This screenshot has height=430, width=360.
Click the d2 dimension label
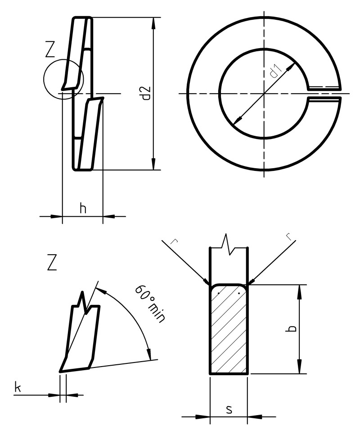point(145,93)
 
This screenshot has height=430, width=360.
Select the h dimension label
point(82,208)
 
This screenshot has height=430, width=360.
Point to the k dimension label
point(18,387)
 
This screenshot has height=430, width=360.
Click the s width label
point(229,409)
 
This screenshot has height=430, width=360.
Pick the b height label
point(292,329)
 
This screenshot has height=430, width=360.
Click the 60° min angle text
point(150,303)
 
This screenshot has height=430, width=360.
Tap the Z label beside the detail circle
point(51,50)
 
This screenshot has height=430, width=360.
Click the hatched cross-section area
point(229,333)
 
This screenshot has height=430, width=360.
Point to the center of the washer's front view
point(264,93)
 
